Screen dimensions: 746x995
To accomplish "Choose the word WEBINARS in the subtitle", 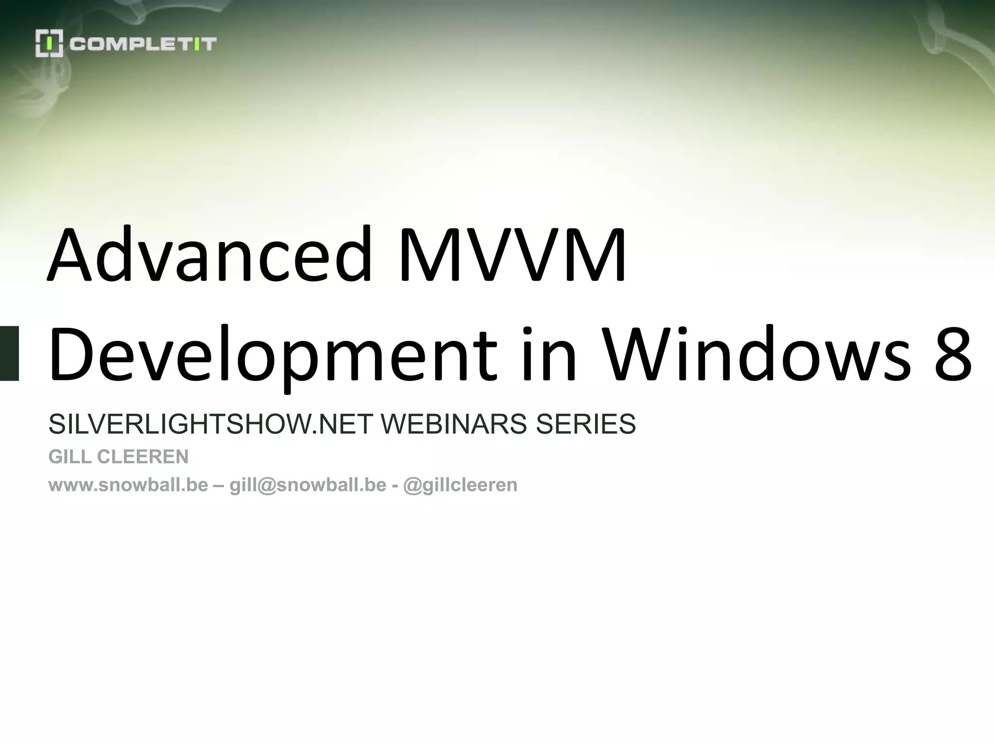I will [x=453, y=424].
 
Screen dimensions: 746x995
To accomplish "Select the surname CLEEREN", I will [x=143, y=457].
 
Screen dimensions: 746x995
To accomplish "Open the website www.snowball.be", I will [x=128, y=485].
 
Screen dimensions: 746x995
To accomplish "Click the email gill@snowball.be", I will [x=308, y=485].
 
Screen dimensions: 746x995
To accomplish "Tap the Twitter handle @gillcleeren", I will [x=460, y=485].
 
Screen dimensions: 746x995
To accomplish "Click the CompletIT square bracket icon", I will [x=49, y=44].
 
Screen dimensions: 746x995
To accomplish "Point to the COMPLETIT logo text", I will [x=143, y=44].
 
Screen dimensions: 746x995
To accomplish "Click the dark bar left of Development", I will [x=9, y=353].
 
